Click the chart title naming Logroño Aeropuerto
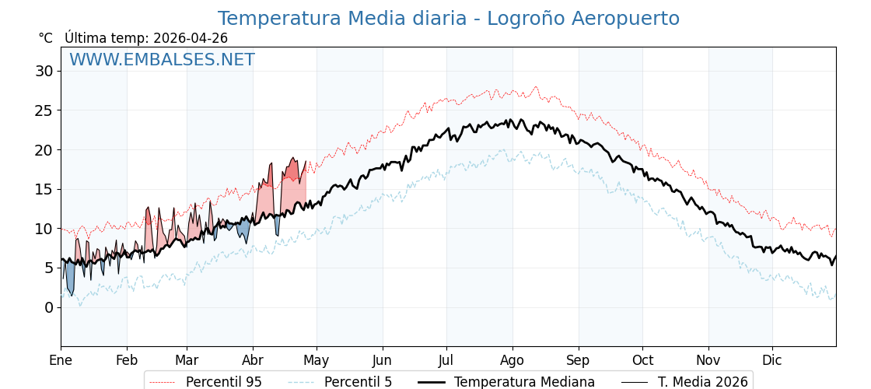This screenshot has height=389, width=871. pyautogui.click(x=448, y=19)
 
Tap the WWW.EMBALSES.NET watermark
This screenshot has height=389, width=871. pyautogui.click(x=162, y=60)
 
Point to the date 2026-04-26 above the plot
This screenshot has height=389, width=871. pyautogui.click(x=191, y=38)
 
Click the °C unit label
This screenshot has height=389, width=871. pyautogui.click(x=46, y=38)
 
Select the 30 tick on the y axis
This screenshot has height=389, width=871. pyautogui.click(x=44, y=71)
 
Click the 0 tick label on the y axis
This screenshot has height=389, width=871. pyautogui.click(x=49, y=307)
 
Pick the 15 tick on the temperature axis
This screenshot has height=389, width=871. pyautogui.click(x=44, y=189)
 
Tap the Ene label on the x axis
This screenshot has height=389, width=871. pyautogui.click(x=61, y=360)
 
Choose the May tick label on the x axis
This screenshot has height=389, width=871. pyautogui.click(x=317, y=360)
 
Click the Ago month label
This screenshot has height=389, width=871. pyautogui.click(x=512, y=360)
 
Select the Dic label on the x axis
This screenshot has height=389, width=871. pyautogui.click(x=772, y=360)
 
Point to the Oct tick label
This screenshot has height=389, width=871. pyautogui.click(x=642, y=360)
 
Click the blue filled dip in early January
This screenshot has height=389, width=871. pyautogui.click(x=70, y=277)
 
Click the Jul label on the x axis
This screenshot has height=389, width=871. pyautogui.click(x=446, y=360)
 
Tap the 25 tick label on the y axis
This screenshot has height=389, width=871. pyautogui.click(x=44, y=110)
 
